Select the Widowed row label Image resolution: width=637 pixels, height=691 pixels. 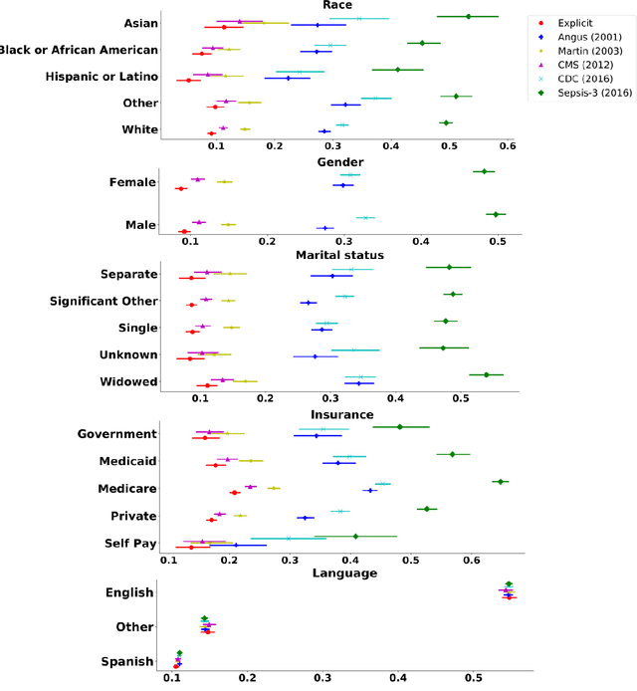tap(128, 382)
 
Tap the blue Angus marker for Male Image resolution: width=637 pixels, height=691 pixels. tap(324, 228)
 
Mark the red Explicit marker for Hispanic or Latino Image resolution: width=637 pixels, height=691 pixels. tap(188, 80)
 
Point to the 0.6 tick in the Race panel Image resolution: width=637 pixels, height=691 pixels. tap(507, 145)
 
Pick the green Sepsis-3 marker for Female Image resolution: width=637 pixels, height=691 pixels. tap(484, 171)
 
